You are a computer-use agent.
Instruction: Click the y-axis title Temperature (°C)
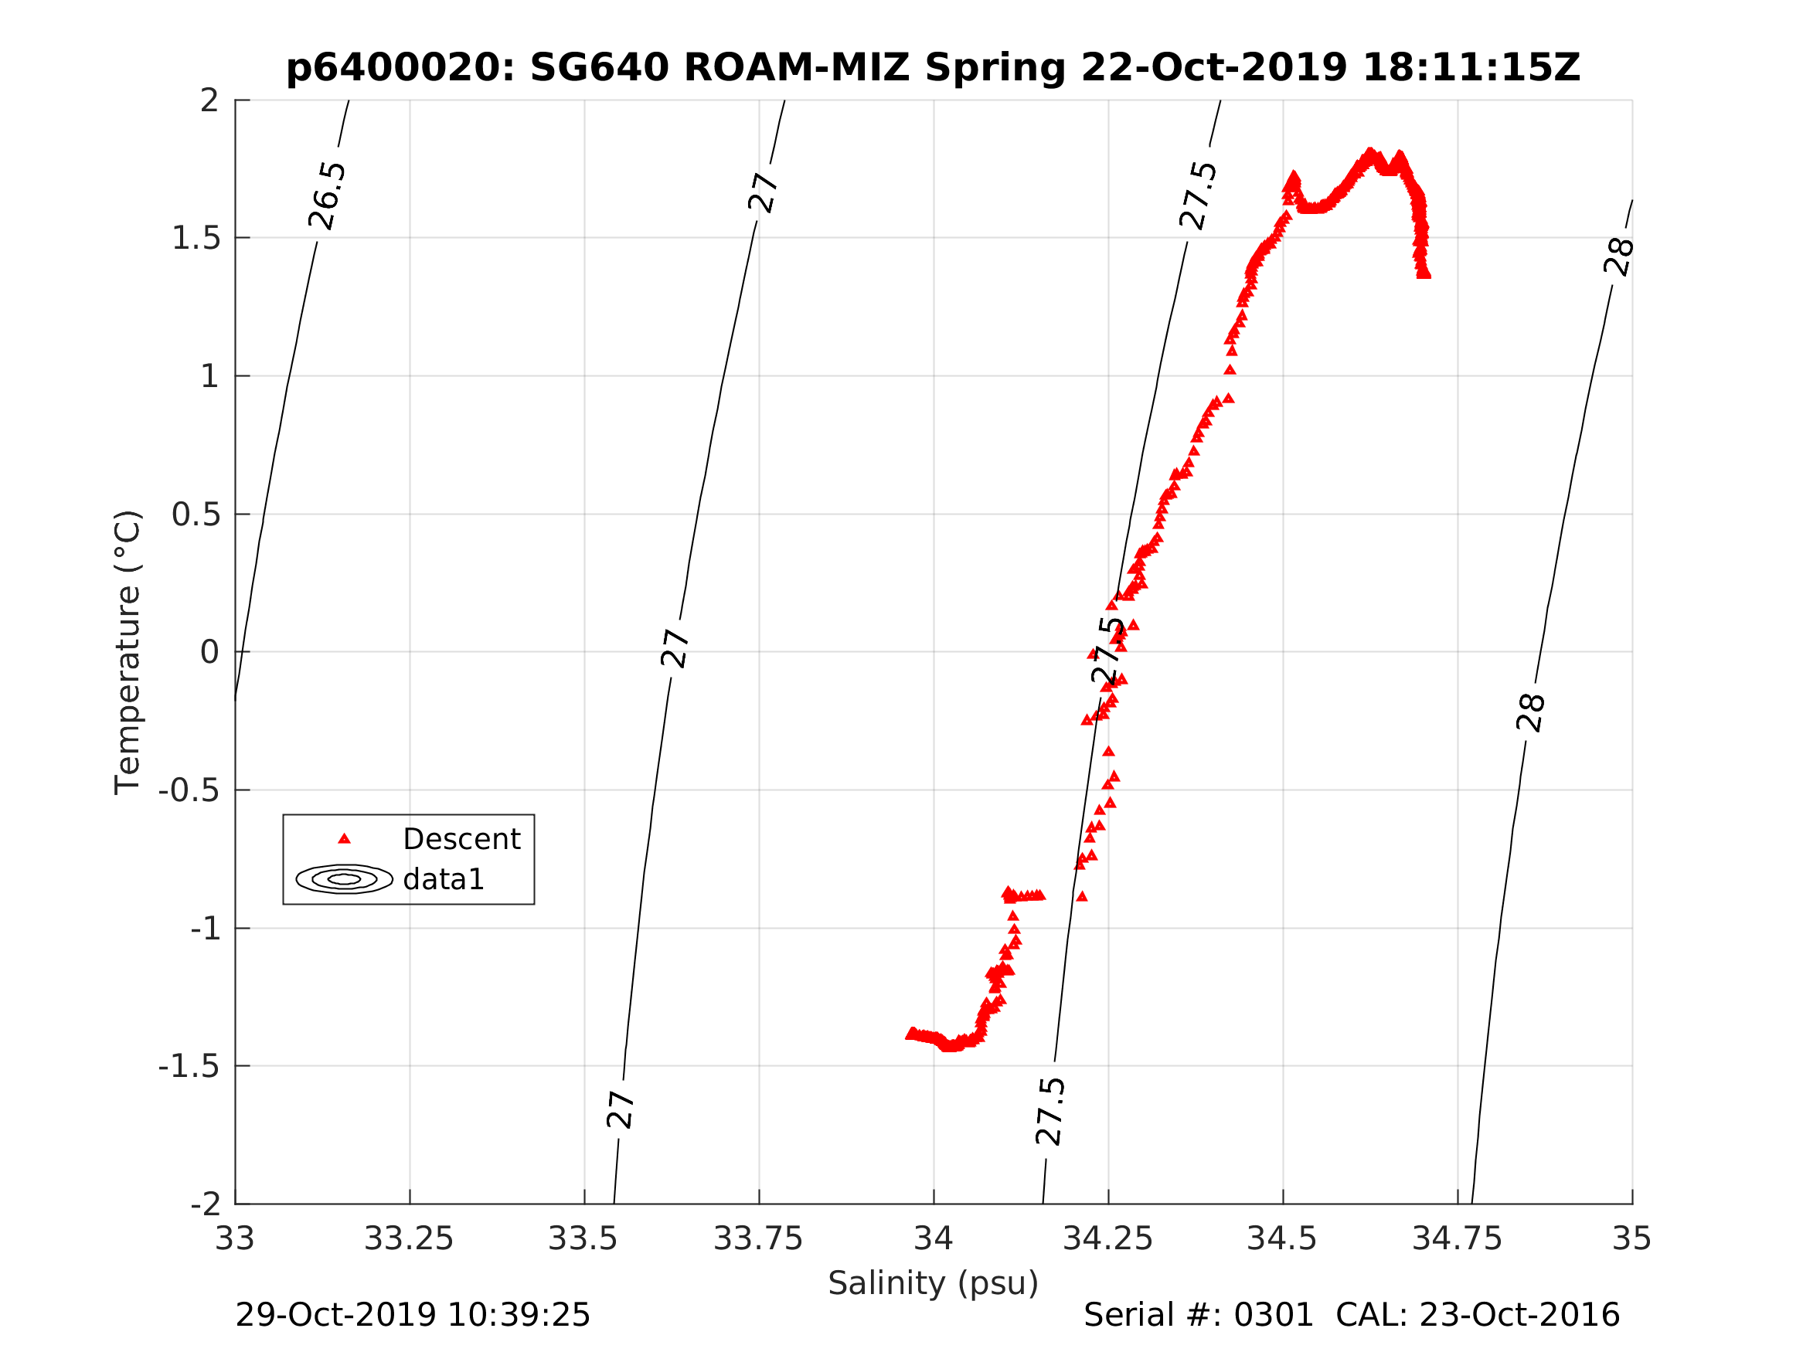tap(128, 652)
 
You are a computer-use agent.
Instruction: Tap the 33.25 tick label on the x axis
tap(408, 1238)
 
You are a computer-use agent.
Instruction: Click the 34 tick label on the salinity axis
tap(934, 1238)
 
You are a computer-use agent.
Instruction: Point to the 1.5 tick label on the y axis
tap(196, 238)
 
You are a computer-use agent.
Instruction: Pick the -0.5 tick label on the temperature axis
tap(189, 790)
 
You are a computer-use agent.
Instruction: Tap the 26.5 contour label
tap(328, 195)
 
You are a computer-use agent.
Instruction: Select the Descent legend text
tap(461, 839)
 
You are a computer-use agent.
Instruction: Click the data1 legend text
tap(444, 879)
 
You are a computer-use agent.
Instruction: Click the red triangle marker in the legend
tap(344, 838)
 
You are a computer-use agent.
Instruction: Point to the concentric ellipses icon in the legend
tap(344, 879)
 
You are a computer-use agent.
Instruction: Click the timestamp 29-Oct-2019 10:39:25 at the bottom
tap(413, 1316)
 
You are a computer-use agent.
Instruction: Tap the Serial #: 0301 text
tap(1197, 1316)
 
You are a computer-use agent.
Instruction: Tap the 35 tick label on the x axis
tap(1632, 1238)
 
